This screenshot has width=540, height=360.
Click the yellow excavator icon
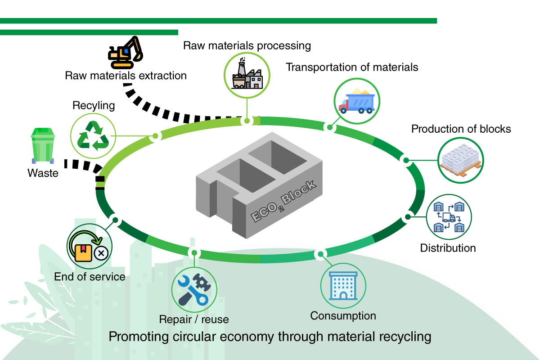pyautogui.click(x=125, y=51)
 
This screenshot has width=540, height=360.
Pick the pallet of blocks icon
pyautogui.click(x=460, y=160)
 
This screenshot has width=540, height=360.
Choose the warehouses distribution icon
pyautogui.click(x=449, y=217)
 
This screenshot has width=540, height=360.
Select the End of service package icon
pyautogui.click(x=90, y=247)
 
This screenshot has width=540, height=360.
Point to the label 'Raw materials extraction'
pyautogui.click(x=126, y=75)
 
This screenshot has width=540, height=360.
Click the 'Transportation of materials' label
pyautogui.click(x=352, y=67)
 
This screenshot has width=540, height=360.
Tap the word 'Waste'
pyautogui.click(x=43, y=173)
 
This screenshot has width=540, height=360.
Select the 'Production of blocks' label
pyautogui.click(x=461, y=129)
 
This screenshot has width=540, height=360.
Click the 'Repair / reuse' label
pyautogui.click(x=194, y=319)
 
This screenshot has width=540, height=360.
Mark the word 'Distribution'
pyautogui.click(x=448, y=248)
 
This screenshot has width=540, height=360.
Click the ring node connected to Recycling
pyautogui.click(x=155, y=136)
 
